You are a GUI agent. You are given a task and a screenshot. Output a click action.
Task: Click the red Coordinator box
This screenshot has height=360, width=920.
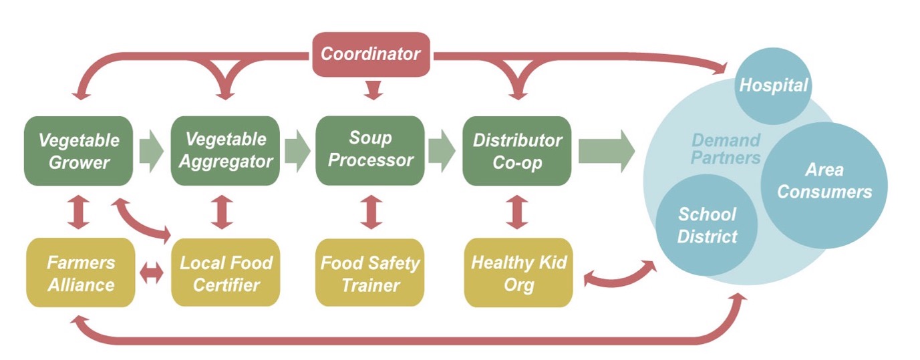click(370, 53)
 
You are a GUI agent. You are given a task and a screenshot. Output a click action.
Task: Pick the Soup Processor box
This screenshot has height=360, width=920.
click(370, 151)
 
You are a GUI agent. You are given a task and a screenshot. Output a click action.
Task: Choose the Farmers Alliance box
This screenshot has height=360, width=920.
click(81, 273)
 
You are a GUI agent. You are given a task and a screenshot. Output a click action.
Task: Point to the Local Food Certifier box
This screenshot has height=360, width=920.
click(225, 273)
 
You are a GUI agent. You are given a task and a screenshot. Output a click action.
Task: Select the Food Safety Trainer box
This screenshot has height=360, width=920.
click(370, 273)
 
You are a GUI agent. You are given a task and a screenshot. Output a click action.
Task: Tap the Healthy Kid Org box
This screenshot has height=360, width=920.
click(518, 273)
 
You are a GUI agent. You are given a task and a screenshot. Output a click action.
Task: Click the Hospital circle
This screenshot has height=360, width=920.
click(773, 85)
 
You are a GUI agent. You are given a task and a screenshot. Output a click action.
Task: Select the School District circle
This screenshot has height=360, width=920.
click(707, 225)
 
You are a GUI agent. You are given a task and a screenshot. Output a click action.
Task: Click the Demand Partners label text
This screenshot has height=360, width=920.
click(726, 149)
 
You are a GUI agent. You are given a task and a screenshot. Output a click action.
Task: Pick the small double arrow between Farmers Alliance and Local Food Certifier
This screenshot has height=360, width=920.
click(153, 275)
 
